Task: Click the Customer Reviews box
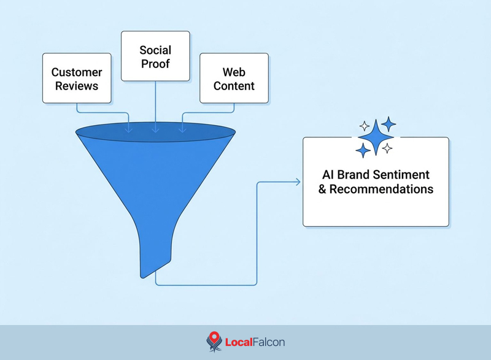pos(77,78)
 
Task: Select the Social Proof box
pos(155,56)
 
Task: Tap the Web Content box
pos(234,78)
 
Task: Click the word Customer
pos(77,72)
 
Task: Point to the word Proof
pos(155,64)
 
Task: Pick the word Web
pos(234,72)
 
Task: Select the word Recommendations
pos(381,189)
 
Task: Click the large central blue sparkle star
pos(376,137)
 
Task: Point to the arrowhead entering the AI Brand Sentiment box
pos(298,182)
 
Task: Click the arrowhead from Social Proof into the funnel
pos(156,130)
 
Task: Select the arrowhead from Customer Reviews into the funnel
pos(129,130)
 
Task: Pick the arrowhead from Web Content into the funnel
pos(182,130)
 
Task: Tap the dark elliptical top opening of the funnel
pos(156,132)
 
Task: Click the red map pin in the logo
pos(214,337)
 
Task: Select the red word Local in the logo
pos(239,342)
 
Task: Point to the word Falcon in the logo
pos(269,342)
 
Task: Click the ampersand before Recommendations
pos(322,190)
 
